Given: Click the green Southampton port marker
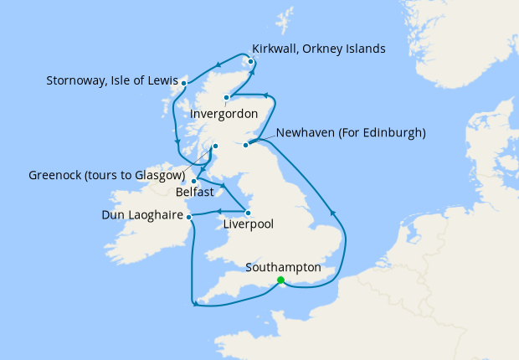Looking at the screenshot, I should [x=280, y=280].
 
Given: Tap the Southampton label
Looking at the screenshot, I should [x=284, y=267].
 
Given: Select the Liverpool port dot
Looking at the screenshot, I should [x=248, y=213].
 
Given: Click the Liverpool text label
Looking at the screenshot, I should [x=249, y=224].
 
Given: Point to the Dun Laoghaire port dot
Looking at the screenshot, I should [x=189, y=217].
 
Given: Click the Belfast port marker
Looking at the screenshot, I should [x=193, y=181].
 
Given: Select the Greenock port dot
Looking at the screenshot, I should [x=215, y=147].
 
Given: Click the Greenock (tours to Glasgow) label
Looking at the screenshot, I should [x=106, y=176].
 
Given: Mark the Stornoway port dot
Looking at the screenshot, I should [x=183, y=84].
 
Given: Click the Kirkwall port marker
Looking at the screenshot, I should [x=251, y=60].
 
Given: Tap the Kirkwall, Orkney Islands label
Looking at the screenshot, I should [x=318, y=49].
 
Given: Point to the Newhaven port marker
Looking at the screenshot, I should [x=246, y=146].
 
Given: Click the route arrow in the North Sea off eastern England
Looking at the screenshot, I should [x=333, y=213].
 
